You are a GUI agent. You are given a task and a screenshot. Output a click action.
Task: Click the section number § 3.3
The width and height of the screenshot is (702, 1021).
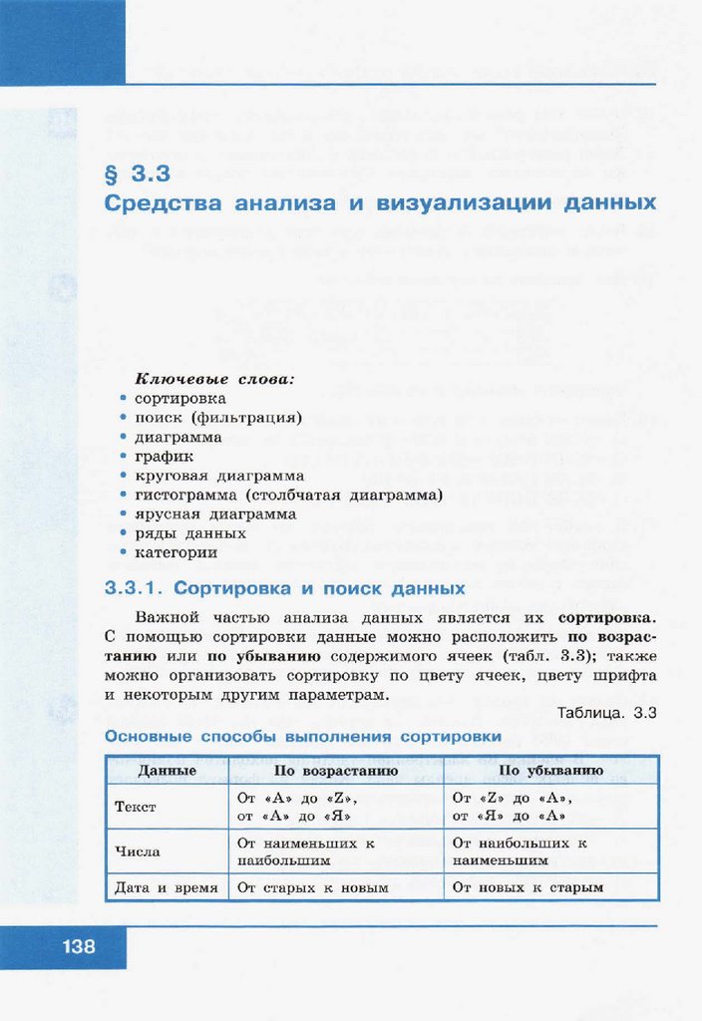click(138, 173)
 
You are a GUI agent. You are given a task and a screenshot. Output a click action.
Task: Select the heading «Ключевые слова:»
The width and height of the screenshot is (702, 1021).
click(215, 380)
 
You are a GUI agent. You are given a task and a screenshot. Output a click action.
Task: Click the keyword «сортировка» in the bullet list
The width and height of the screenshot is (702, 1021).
click(179, 399)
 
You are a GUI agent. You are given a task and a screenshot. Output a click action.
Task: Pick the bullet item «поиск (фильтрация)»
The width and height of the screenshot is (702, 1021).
click(218, 418)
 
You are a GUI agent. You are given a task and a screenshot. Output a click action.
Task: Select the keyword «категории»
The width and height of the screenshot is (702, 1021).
click(176, 551)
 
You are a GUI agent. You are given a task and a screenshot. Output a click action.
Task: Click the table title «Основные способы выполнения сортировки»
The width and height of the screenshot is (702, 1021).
click(303, 737)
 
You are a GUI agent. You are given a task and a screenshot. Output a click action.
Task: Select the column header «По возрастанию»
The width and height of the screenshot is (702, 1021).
click(336, 771)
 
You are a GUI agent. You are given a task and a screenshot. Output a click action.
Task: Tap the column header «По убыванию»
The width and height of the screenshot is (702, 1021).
click(550, 771)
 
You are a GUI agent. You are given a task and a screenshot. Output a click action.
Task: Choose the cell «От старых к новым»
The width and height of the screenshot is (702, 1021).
click(312, 886)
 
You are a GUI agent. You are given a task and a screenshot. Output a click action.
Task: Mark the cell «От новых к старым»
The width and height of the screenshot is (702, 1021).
click(527, 886)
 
